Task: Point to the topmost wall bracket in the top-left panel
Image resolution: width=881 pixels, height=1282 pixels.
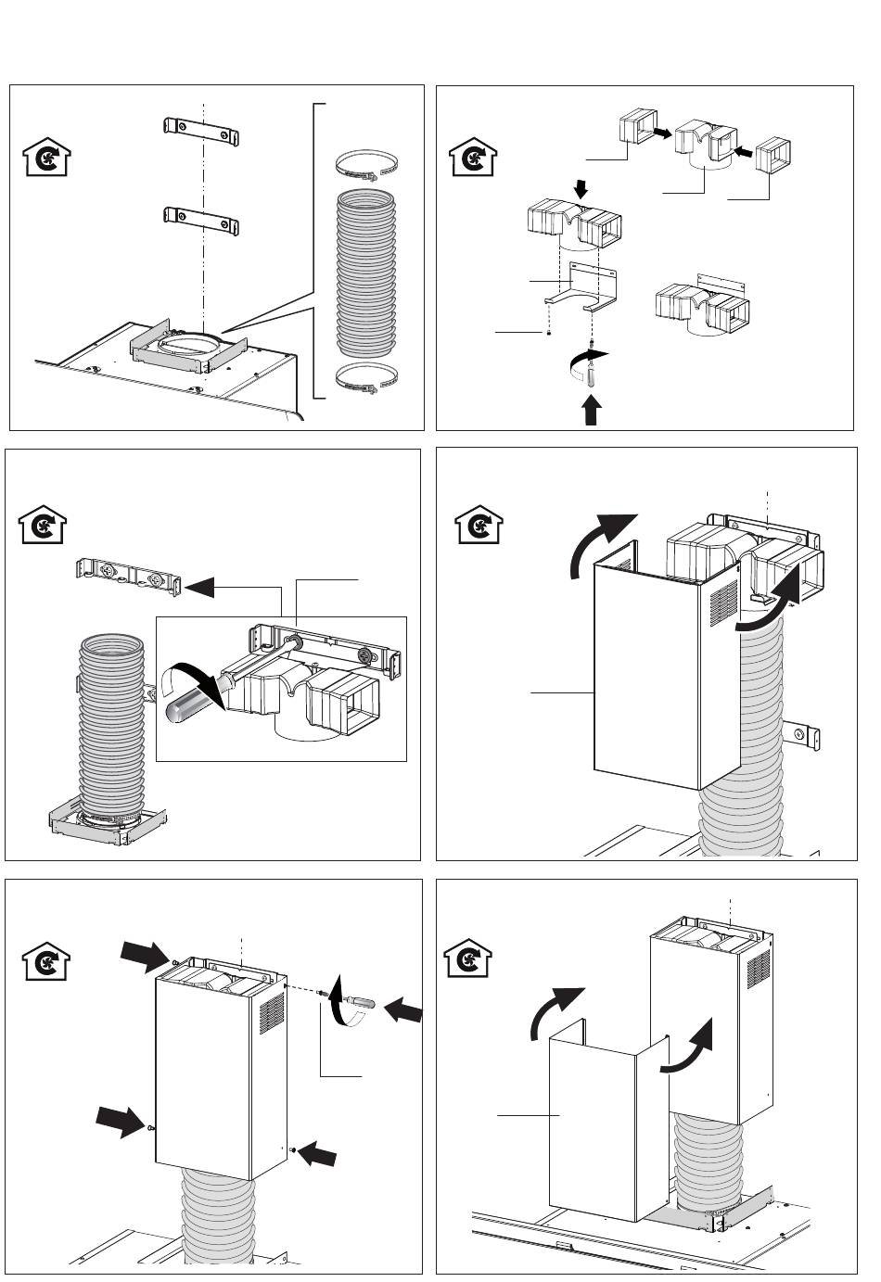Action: (x=202, y=132)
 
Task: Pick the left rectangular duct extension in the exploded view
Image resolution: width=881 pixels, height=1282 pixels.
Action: (x=635, y=130)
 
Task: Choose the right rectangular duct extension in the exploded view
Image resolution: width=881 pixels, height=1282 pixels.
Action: (x=773, y=155)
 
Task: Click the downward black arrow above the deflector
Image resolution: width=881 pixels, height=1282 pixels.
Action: (x=581, y=189)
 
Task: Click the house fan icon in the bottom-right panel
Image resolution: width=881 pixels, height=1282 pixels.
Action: (x=469, y=958)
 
